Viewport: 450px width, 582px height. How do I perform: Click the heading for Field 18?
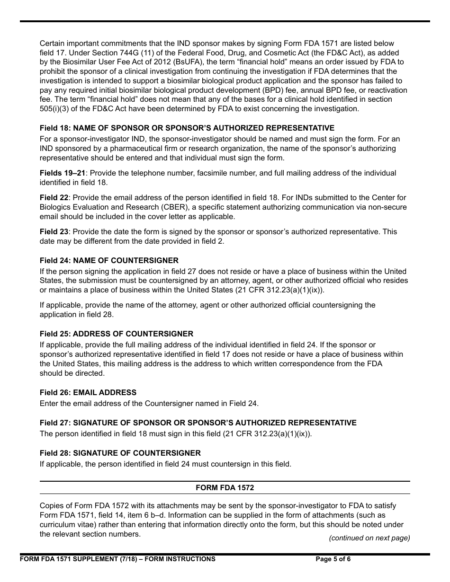point(187,128)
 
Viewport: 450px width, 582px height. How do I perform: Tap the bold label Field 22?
point(54,198)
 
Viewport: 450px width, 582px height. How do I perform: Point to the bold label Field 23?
point(54,232)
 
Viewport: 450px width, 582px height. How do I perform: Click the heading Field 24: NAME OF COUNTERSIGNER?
point(109,261)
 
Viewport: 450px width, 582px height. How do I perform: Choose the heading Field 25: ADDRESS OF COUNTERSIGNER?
point(116,334)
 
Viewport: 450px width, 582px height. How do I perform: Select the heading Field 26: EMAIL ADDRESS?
point(88,393)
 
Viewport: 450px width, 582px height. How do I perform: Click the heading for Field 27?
point(198,423)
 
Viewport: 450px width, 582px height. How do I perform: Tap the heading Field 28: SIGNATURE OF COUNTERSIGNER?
point(120,453)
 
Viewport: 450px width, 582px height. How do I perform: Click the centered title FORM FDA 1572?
point(225,488)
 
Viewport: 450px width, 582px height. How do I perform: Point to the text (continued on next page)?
point(369,538)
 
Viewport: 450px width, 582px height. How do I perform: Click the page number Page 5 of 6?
point(333,559)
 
